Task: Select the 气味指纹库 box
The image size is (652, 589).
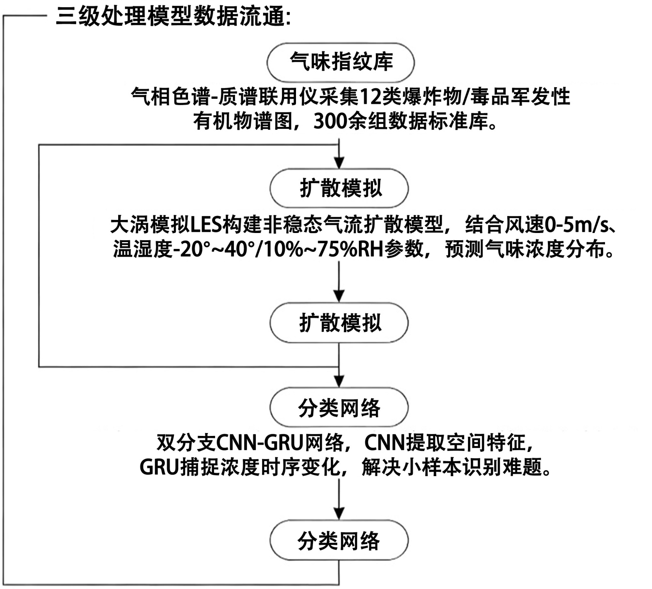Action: coord(341,62)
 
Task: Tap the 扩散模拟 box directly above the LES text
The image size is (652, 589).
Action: coord(340,189)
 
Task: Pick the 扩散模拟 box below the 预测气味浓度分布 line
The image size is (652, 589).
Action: coord(340,323)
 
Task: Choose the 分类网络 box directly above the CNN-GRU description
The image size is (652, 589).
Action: coord(339,408)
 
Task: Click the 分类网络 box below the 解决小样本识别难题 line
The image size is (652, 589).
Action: coord(339,541)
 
